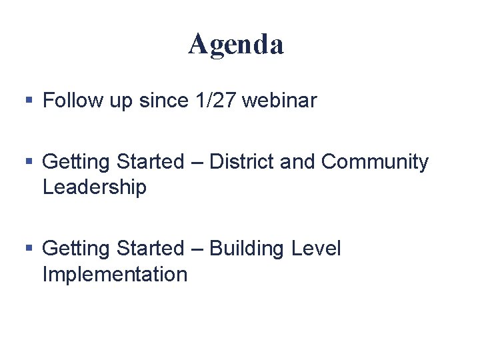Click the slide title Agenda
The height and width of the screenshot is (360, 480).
point(236,45)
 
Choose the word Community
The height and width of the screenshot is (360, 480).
point(375,162)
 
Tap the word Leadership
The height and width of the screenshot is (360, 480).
point(94,187)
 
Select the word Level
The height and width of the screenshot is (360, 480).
point(316,249)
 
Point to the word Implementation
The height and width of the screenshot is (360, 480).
point(115,274)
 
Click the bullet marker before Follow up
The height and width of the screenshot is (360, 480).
point(29,101)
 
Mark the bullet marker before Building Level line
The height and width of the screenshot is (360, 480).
point(29,249)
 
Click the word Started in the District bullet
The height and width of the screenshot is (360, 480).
point(149,162)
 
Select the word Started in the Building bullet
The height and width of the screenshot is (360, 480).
point(149,249)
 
